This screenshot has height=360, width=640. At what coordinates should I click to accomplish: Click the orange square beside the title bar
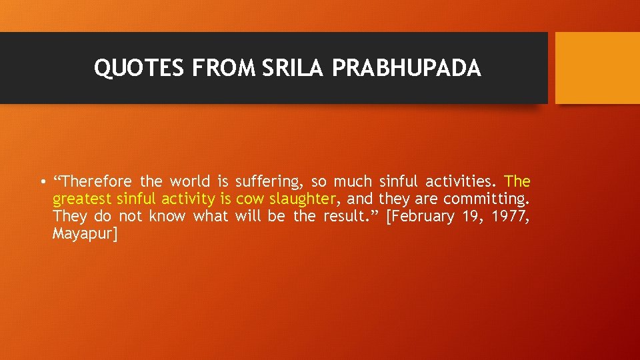click(597, 68)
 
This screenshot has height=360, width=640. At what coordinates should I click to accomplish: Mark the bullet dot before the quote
click(41, 182)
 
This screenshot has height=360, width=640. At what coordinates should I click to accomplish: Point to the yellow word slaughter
click(301, 199)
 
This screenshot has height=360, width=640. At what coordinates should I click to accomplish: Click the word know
click(167, 216)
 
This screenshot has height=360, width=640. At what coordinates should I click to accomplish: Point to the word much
click(353, 181)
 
